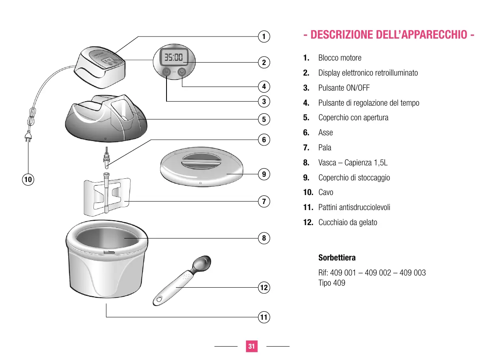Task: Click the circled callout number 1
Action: pyautogui.click(x=264, y=37)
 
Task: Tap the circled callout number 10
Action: pyautogui.click(x=28, y=180)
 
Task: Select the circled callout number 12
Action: pyautogui.click(x=264, y=288)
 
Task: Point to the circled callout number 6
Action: pyautogui.click(x=264, y=140)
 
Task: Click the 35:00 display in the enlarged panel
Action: pyautogui.click(x=173, y=57)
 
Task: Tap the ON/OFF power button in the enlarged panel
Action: pyautogui.click(x=167, y=72)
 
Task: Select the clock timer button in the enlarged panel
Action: pyautogui.click(x=182, y=72)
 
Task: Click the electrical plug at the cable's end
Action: pyautogui.click(x=28, y=136)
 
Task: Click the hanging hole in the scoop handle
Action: pyautogui.click(x=159, y=300)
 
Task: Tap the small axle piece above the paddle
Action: pyautogui.click(x=107, y=158)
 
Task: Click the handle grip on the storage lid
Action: pyautogui.click(x=201, y=161)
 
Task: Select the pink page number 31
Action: pyautogui.click(x=251, y=346)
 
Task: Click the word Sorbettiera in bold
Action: pyautogui.click(x=337, y=258)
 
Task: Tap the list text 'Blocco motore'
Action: pyautogui.click(x=340, y=58)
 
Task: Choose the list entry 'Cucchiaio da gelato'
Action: pyautogui.click(x=348, y=222)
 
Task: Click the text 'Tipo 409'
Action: pyautogui.click(x=332, y=283)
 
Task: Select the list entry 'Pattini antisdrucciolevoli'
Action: pyautogui.click(x=354, y=207)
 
